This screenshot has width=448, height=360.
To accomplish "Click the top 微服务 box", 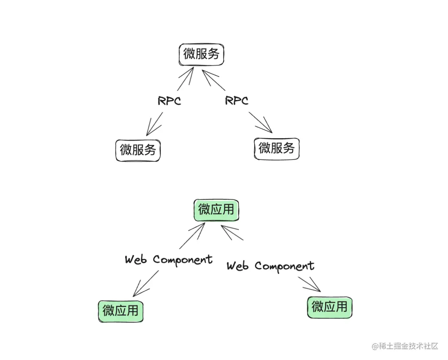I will [202, 55].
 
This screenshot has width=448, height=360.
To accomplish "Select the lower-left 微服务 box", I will [138, 150].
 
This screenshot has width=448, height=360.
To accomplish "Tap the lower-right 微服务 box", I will [276, 148].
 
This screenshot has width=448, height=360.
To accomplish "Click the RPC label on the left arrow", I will [169, 101].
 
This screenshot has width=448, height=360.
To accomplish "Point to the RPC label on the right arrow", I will [236, 100].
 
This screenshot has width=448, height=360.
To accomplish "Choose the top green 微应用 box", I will [216, 210].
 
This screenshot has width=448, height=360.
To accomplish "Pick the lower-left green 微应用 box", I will [121, 311].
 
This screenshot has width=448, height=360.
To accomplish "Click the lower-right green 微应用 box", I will [330, 307].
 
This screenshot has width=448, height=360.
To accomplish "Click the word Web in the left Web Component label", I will [136, 260].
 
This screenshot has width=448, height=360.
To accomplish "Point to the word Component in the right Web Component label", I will [285, 266].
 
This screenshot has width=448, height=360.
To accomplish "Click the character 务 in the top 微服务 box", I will [214, 54].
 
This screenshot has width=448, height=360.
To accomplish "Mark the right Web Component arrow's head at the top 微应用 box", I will [224, 228].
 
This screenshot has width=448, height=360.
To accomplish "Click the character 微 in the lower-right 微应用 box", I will [318, 307].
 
